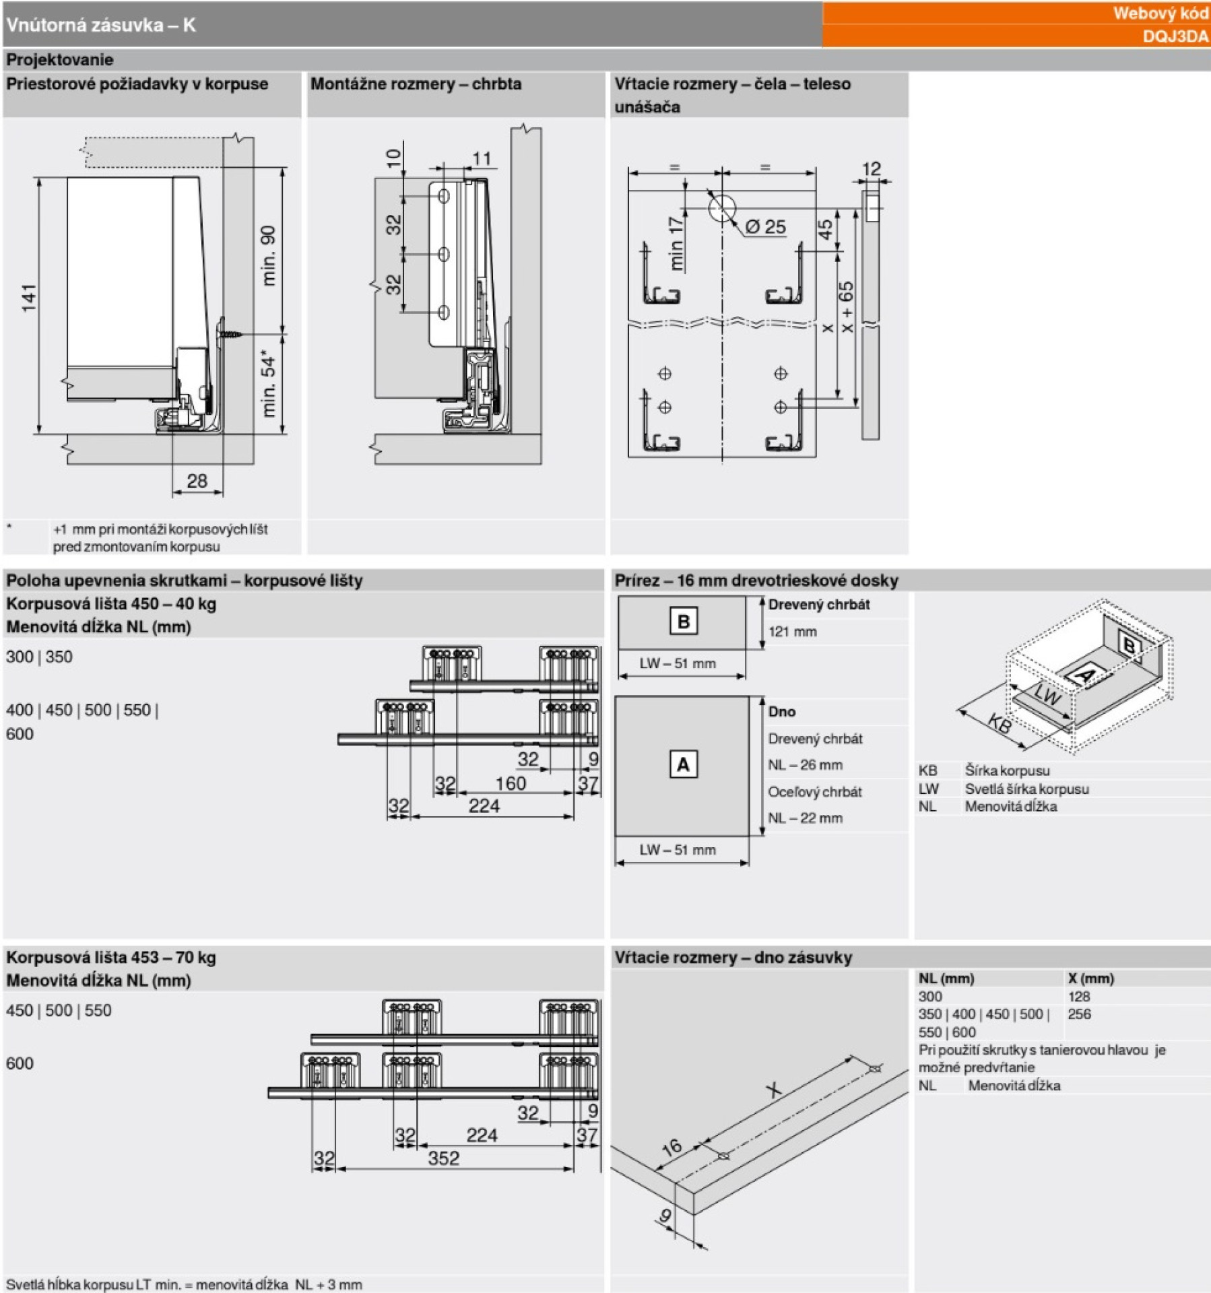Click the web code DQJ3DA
1175,36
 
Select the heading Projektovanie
60,60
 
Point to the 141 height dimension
29,298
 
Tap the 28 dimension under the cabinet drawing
197,481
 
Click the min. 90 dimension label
268,255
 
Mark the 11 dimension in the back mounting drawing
482,159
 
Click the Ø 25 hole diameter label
766,227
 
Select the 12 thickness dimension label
871,168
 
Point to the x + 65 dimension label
846,306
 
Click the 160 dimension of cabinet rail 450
510,783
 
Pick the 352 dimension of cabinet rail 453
443,1158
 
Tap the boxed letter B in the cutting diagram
683,621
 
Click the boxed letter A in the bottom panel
683,765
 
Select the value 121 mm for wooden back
793,632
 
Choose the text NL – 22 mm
806,818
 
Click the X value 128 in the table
1078,997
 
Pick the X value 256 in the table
1079,1014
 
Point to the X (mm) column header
1090,979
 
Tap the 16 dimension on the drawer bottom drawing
672,1146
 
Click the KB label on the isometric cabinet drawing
1000,724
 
